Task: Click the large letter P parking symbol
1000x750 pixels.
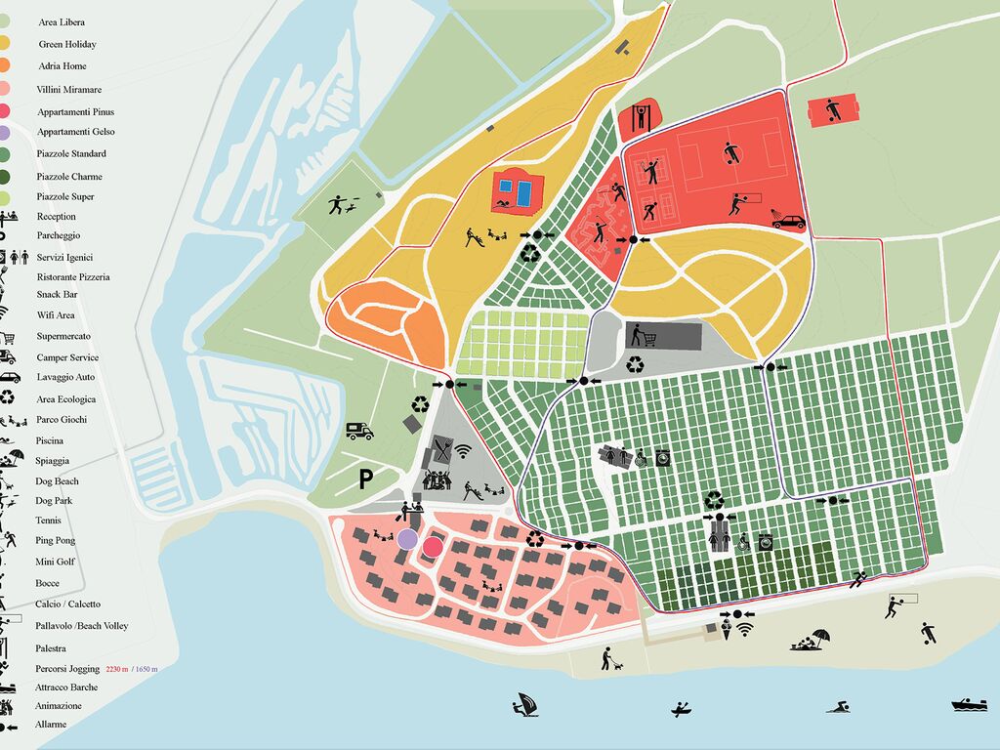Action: click(x=365, y=479)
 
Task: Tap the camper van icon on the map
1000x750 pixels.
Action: click(x=359, y=431)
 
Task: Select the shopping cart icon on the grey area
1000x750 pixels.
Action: click(x=644, y=336)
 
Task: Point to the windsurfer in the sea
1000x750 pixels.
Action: click(x=525, y=704)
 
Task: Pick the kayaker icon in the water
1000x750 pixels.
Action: click(x=681, y=707)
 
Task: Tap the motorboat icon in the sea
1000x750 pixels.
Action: click(x=969, y=704)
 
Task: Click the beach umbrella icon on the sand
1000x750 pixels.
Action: click(x=820, y=637)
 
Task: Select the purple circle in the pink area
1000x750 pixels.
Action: click(x=408, y=538)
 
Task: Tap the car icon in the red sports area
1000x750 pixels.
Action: click(x=789, y=221)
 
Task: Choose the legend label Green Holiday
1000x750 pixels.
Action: click(x=67, y=44)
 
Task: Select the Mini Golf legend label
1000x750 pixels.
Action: click(x=57, y=562)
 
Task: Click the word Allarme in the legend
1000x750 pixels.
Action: click(x=51, y=724)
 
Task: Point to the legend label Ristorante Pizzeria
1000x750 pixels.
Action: click(x=73, y=276)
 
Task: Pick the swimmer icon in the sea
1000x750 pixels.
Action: click(x=837, y=705)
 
